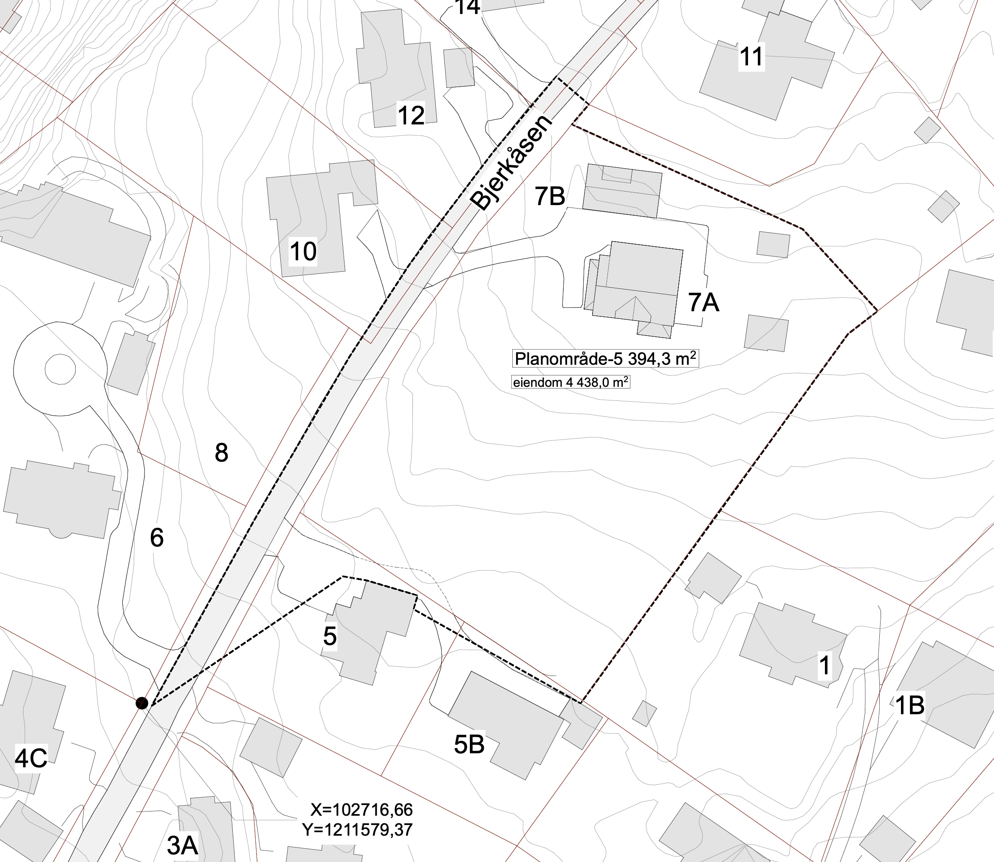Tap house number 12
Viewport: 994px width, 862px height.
tap(411, 115)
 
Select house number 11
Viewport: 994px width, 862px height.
tap(751, 57)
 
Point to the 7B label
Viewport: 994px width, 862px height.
tap(550, 196)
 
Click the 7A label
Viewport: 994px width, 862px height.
tap(703, 303)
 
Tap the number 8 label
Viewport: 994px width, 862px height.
tap(221, 453)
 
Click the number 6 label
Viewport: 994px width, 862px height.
tap(157, 537)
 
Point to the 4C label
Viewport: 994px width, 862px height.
tap(31, 758)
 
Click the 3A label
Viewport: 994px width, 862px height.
tap(182, 845)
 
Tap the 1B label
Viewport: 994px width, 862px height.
tap(909, 705)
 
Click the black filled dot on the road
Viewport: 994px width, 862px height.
tap(141, 703)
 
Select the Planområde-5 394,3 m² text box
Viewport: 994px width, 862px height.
tap(605, 359)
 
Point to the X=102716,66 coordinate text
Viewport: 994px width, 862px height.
tap(361, 810)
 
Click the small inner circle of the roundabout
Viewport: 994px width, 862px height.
tap(60, 369)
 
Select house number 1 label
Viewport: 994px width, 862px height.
tap(825, 666)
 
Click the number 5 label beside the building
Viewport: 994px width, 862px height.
tap(330, 637)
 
